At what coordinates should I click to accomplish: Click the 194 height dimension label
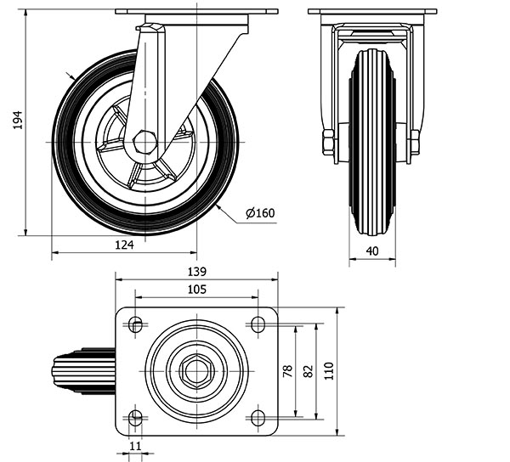click(x=18, y=120)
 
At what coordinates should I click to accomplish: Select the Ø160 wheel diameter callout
click(x=261, y=213)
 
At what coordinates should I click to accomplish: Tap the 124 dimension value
click(x=124, y=245)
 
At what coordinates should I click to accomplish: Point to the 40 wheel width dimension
click(x=372, y=251)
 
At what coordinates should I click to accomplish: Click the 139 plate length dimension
click(x=197, y=271)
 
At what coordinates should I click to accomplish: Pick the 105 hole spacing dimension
click(x=197, y=289)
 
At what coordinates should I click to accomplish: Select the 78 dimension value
click(x=287, y=371)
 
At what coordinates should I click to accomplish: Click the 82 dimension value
click(x=308, y=371)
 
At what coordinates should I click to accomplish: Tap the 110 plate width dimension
click(x=329, y=371)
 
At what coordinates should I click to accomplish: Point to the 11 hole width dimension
click(x=135, y=446)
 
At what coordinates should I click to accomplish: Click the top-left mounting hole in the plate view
click(x=135, y=324)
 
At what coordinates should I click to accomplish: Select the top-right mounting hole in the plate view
click(x=258, y=324)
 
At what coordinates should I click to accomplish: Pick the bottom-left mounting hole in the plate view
click(x=135, y=418)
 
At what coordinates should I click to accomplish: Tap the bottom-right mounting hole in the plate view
click(x=258, y=418)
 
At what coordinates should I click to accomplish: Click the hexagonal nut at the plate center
click(x=197, y=371)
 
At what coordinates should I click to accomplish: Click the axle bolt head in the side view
click(x=145, y=142)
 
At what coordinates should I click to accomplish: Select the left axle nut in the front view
click(x=328, y=142)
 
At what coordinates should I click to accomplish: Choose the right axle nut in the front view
click(x=415, y=142)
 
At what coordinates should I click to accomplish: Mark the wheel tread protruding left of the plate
click(x=83, y=371)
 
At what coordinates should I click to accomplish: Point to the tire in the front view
click(x=372, y=142)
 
